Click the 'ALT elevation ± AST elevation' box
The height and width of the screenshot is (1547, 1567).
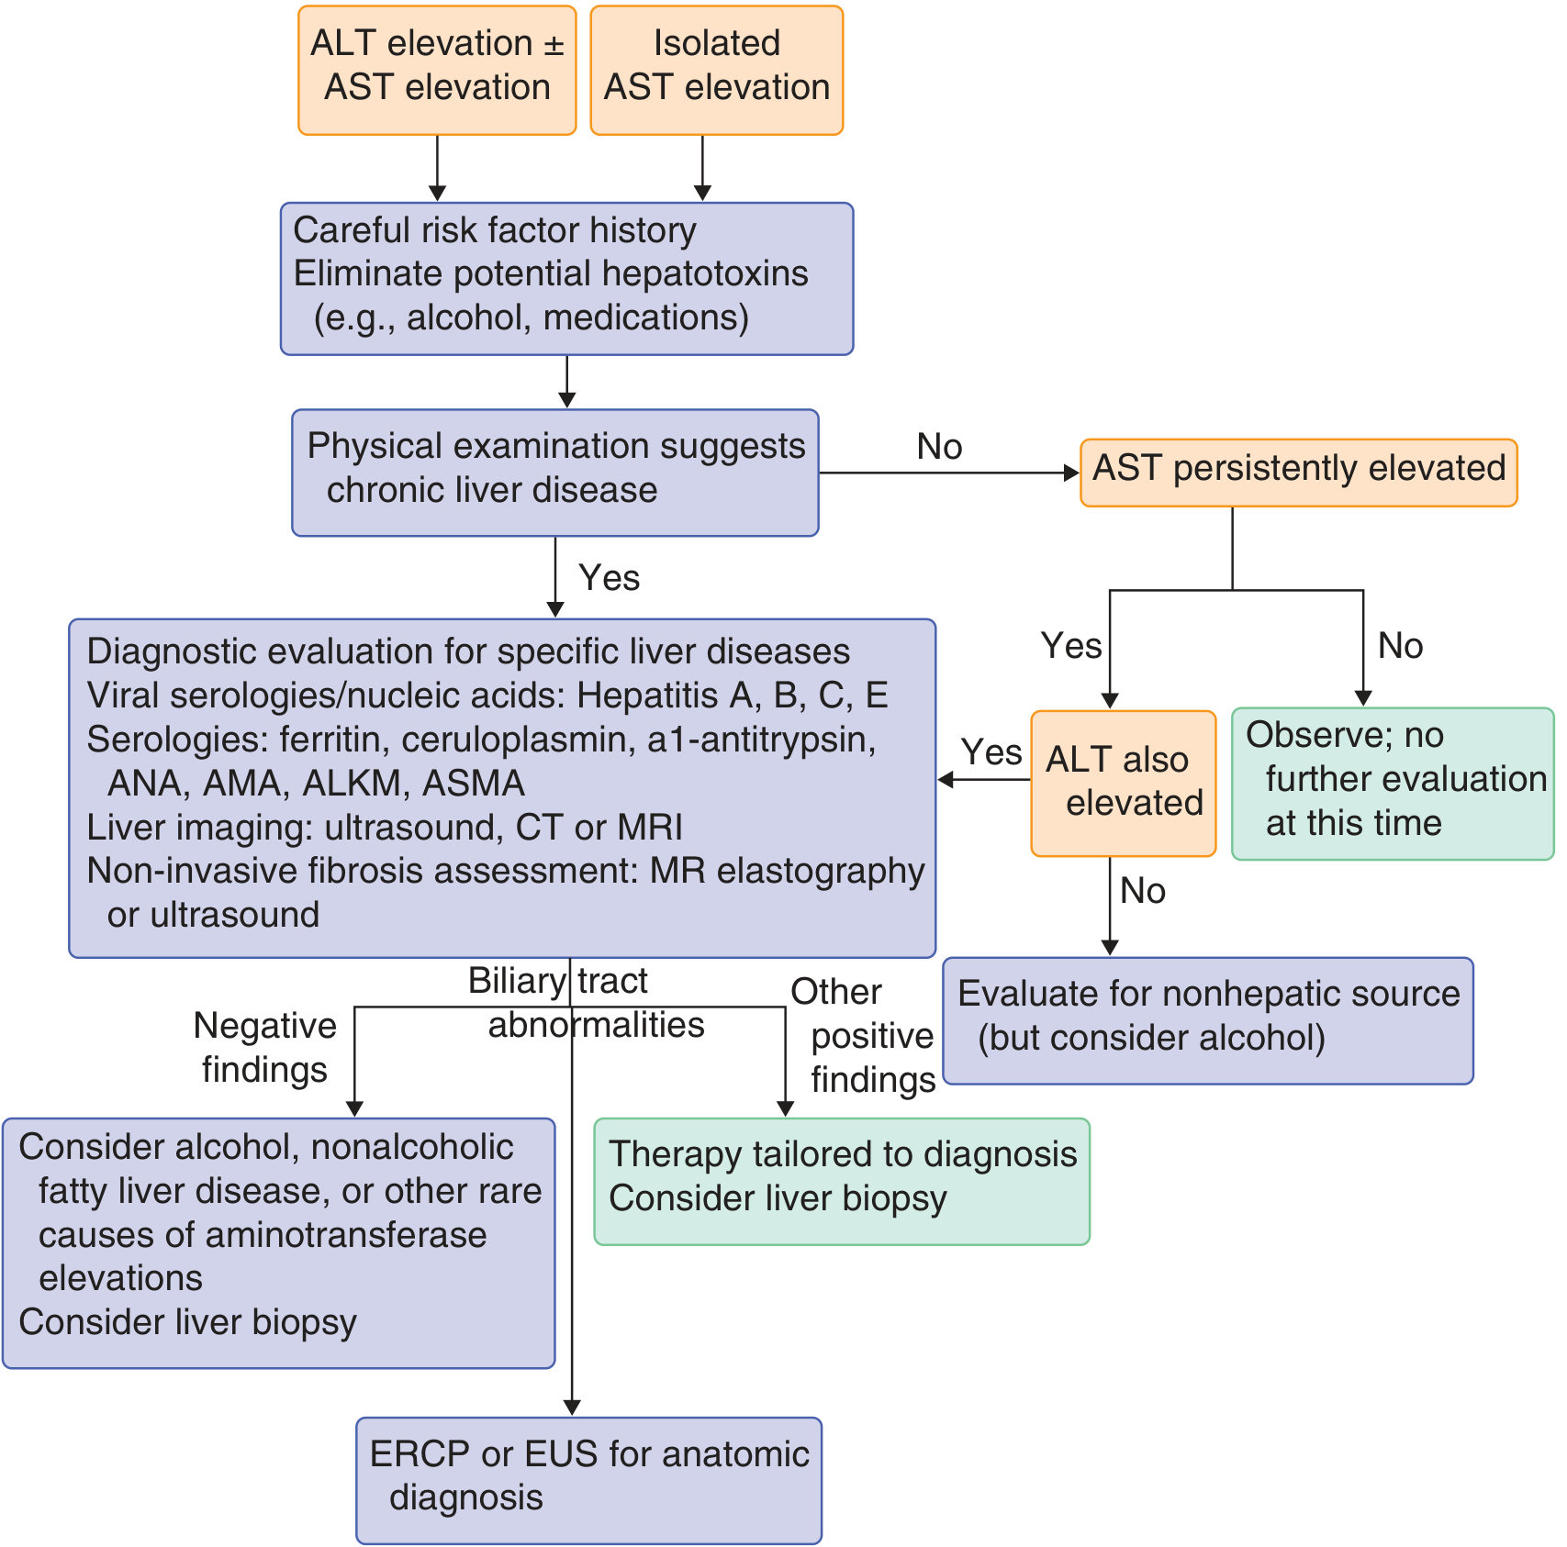click(437, 71)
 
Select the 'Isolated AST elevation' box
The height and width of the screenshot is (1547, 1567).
click(717, 71)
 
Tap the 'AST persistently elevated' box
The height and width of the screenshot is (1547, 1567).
click(1299, 473)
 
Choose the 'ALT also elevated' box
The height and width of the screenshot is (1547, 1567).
click(1124, 784)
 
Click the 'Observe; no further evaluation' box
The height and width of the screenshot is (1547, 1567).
click(1393, 784)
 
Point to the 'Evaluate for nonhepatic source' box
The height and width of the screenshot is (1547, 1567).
click(1208, 1021)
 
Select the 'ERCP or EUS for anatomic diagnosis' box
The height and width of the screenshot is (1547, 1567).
click(589, 1481)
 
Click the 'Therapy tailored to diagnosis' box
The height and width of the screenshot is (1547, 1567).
click(842, 1182)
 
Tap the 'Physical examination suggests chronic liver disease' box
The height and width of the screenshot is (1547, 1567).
click(555, 473)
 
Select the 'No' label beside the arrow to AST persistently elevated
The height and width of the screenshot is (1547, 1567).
click(939, 447)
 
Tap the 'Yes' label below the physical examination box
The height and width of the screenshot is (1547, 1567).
click(610, 578)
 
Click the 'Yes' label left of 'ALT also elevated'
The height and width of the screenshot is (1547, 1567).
click(991, 752)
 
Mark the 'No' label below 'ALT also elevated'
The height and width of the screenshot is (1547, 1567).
click(1143, 891)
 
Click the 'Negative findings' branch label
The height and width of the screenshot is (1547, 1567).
click(265, 1048)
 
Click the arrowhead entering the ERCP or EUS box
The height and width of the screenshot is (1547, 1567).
click(572, 1408)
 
